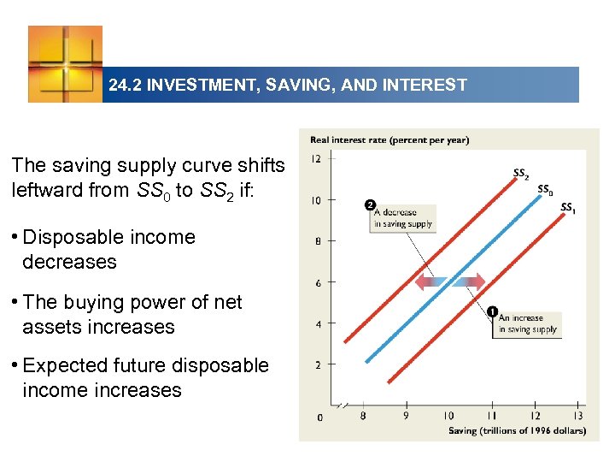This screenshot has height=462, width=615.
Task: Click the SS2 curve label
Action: click(x=519, y=174)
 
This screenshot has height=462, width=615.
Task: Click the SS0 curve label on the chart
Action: click(x=544, y=190)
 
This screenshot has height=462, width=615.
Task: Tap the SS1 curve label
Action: click(x=567, y=207)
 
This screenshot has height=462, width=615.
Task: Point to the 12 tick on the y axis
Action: click(x=315, y=159)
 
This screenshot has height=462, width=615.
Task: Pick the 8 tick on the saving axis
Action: click(x=363, y=416)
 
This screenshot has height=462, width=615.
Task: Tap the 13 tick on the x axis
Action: click(x=578, y=416)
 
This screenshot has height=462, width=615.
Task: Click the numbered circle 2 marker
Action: click(x=370, y=205)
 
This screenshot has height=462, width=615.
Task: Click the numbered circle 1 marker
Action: click(x=493, y=311)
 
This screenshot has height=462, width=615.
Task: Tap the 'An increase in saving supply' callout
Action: click(x=528, y=323)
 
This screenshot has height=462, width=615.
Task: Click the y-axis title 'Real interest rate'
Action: click(x=389, y=140)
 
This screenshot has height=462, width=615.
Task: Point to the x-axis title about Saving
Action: click(x=517, y=431)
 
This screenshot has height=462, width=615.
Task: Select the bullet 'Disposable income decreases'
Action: click(x=108, y=249)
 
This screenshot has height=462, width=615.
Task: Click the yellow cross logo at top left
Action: click(x=65, y=63)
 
